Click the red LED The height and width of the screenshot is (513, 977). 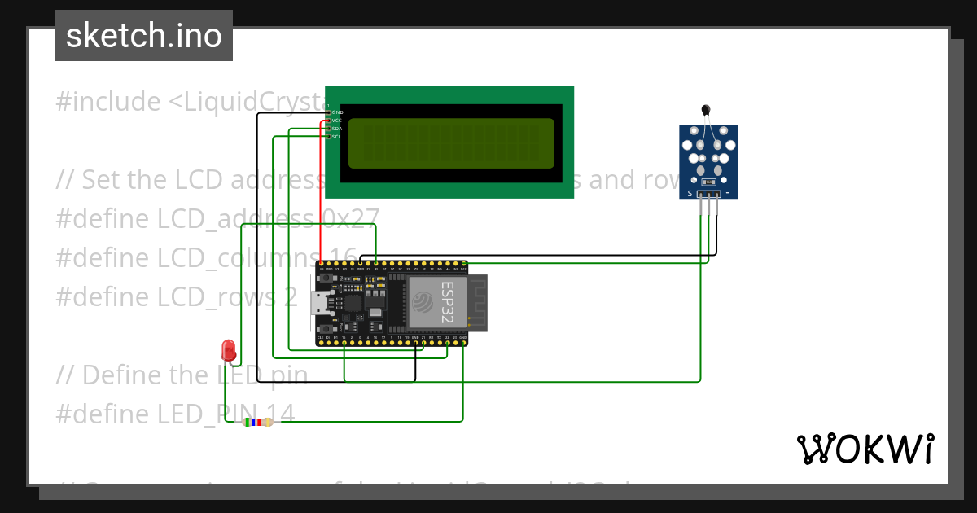coord(229,351)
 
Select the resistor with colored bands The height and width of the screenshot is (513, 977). coord(258,422)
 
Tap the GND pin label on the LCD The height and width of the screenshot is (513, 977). coord(337,112)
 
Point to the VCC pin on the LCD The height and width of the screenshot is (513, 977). coord(336,121)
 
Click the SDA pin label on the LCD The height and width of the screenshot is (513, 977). coord(336,129)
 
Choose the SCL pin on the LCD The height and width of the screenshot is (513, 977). coord(336,137)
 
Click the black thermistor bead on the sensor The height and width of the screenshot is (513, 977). coord(705,110)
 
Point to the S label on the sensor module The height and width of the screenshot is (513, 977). coord(690,194)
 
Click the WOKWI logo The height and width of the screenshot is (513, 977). coord(865,449)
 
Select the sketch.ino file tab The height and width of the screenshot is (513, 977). coord(144,36)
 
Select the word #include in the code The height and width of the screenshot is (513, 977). coord(108,102)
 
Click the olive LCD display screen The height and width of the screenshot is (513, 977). coord(447,143)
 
